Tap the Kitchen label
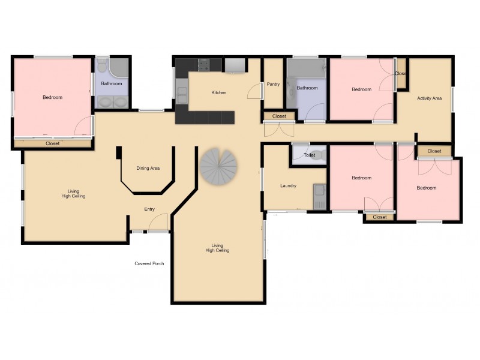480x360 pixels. [219, 93]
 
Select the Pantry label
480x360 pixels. [273, 85]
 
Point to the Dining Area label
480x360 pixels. [148, 169]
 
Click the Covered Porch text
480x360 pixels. [149, 263]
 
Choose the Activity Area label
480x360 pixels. [430, 98]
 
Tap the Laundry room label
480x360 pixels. [288, 186]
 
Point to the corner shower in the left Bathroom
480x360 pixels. [119, 65]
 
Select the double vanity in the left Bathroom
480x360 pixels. [112, 101]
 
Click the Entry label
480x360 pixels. [149, 209]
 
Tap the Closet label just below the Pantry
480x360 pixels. [279, 116]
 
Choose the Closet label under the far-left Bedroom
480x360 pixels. [53, 144]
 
